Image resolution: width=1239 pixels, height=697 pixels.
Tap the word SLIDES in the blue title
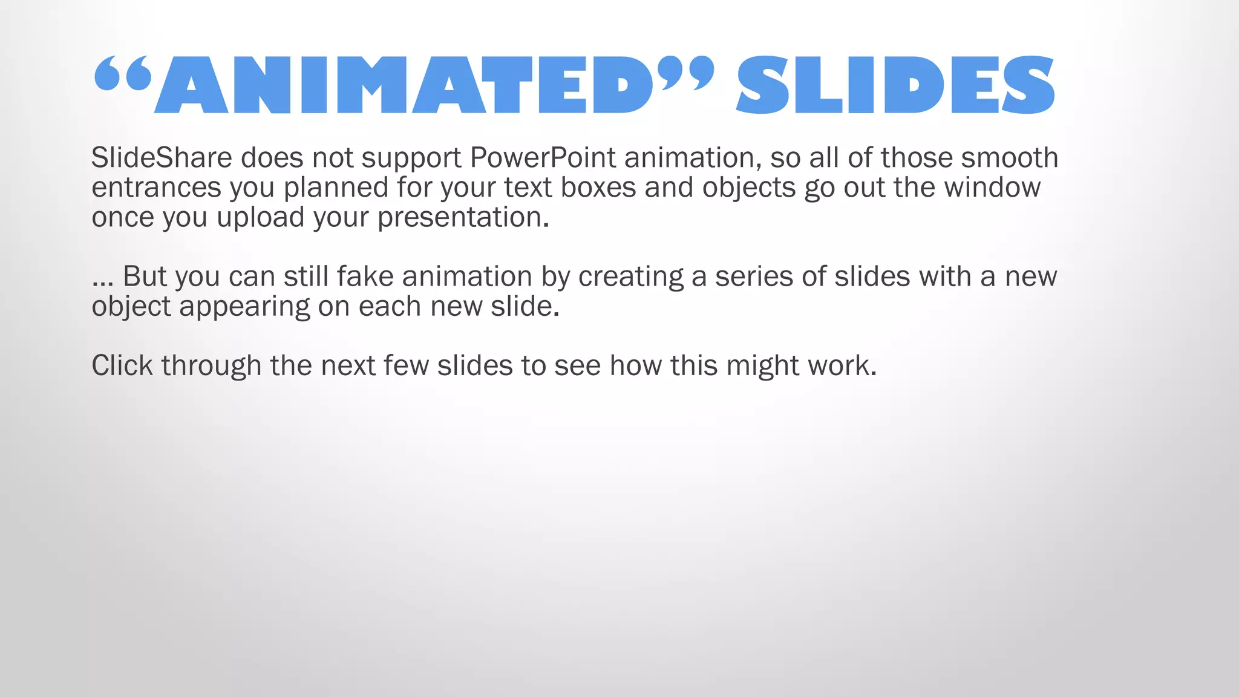pyautogui.click(x=895, y=85)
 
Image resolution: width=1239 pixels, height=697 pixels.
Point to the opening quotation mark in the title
pyautogui.click(x=122, y=74)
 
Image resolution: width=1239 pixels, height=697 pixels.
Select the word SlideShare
pyautogui.click(x=162, y=158)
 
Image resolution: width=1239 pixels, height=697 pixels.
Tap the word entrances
pyautogui.click(x=156, y=188)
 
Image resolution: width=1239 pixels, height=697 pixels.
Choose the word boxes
pyautogui.click(x=598, y=188)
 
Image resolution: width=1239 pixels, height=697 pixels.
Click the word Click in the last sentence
pyautogui.click(x=122, y=365)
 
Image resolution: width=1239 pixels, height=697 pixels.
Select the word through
pyautogui.click(x=211, y=365)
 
